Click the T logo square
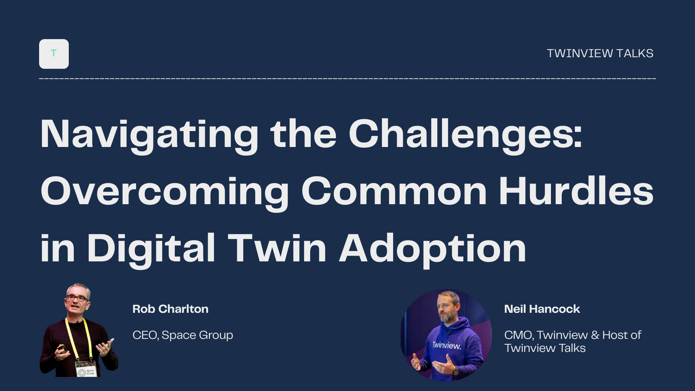(x=54, y=54)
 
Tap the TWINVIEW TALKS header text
(x=600, y=53)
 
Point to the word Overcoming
(x=165, y=192)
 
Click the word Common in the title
(x=394, y=191)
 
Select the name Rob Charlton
(x=170, y=309)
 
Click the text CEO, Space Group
(x=183, y=335)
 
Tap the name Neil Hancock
(x=542, y=309)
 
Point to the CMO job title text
(x=573, y=341)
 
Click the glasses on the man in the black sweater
(x=77, y=298)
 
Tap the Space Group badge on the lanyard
(x=86, y=369)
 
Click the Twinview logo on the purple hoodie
(x=447, y=345)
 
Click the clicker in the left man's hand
(x=61, y=348)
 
